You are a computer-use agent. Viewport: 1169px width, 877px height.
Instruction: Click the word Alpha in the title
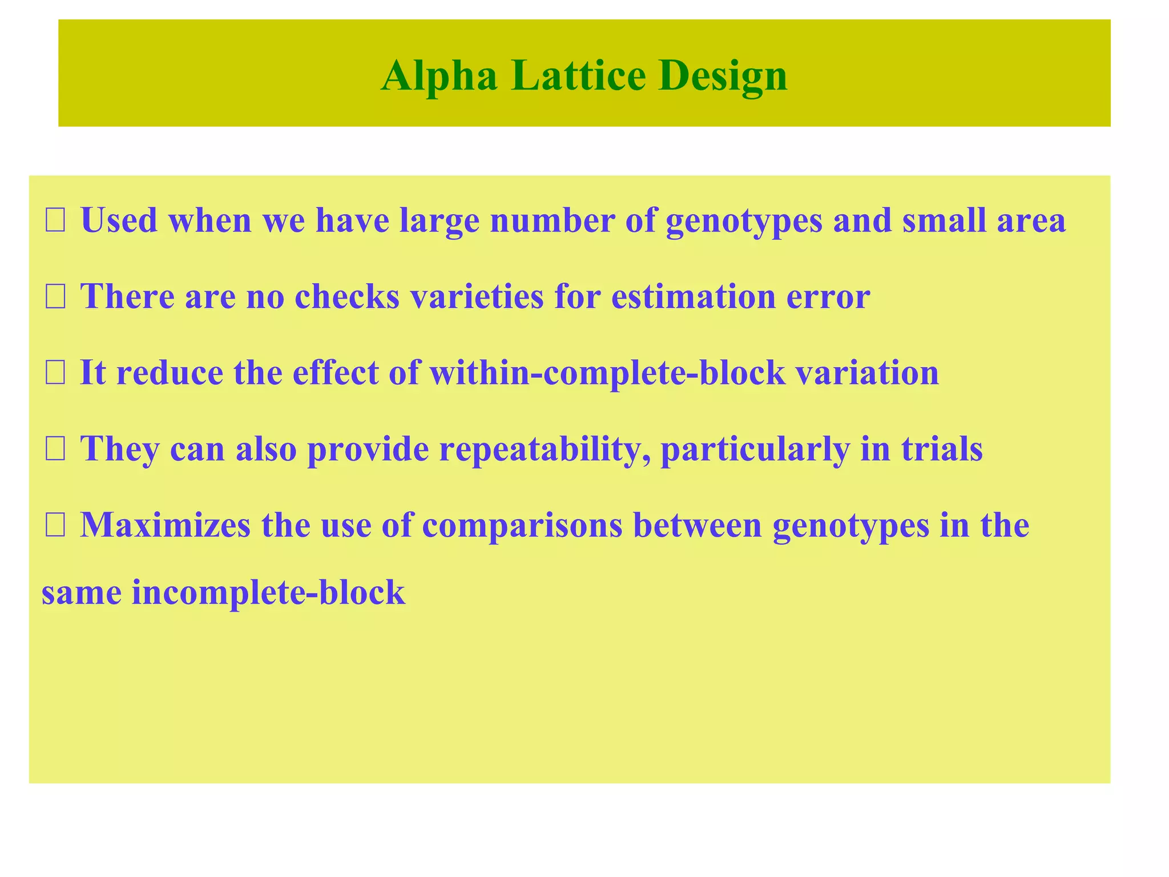click(x=439, y=77)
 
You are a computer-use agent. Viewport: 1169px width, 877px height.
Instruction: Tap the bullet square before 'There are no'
click(x=55, y=297)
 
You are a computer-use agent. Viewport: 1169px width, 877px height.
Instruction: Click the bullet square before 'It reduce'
click(x=55, y=373)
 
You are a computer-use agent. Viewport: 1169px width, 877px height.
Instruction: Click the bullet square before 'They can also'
click(x=55, y=449)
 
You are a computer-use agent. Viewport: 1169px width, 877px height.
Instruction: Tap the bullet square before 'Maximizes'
click(x=55, y=525)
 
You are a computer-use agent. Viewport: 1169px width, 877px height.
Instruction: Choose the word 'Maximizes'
click(x=165, y=525)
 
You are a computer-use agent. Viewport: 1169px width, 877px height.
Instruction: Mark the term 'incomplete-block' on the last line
click(x=268, y=593)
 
